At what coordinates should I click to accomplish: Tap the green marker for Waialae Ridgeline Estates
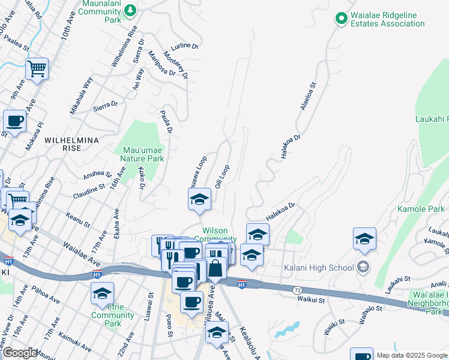(341, 19)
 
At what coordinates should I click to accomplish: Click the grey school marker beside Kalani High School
(363, 267)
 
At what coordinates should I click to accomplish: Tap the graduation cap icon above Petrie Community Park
(103, 294)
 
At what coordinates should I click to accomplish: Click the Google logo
(19, 353)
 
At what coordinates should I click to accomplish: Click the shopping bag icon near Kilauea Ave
(215, 268)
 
